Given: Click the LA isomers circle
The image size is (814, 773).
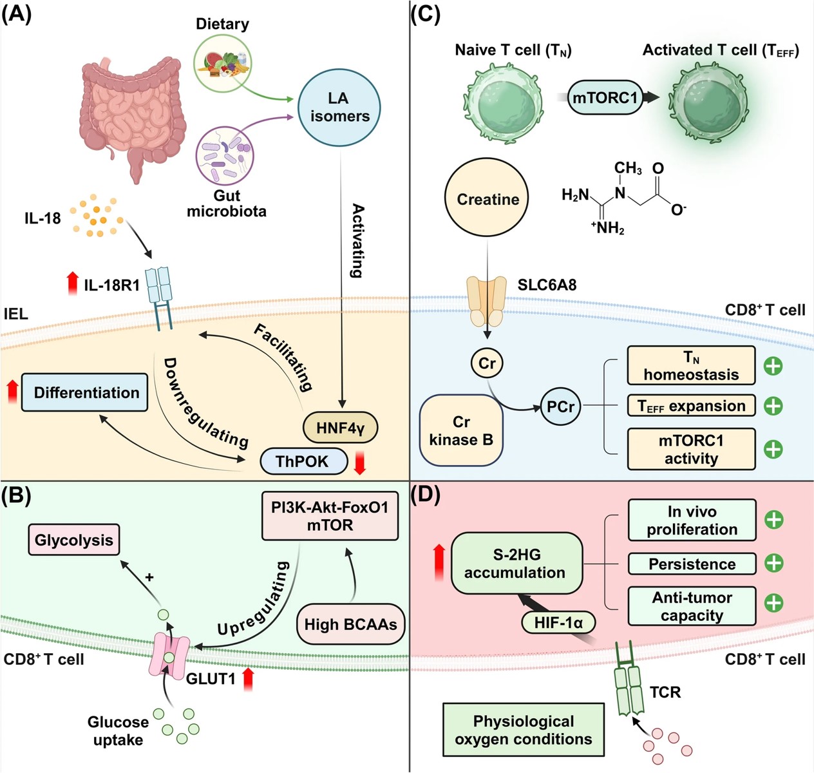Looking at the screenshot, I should click(x=339, y=107).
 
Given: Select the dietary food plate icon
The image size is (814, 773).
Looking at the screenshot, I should click(x=222, y=63).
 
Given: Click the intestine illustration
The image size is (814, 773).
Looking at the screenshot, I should click(x=132, y=116).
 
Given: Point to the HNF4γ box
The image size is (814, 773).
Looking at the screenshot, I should click(x=340, y=428).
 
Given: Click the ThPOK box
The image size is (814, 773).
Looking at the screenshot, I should click(x=303, y=461).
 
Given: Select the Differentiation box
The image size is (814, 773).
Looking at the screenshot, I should click(x=85, y=392).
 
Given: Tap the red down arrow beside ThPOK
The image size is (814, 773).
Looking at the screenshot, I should click(x=360, y=463).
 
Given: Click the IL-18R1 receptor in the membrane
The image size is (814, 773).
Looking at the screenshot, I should click(x=159, y=296).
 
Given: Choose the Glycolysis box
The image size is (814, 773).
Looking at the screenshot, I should click(x=73, y=540).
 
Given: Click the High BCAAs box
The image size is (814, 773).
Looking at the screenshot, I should click(x=350, y=624).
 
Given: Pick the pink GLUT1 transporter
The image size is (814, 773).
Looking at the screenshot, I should click(x=169, y=654).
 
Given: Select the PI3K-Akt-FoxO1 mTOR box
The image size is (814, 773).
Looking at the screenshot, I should click(x=330, y=516).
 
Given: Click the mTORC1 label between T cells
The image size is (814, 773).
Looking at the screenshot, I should click(x=605, y=98).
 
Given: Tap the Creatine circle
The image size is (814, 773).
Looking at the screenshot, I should click(x=487, y=199).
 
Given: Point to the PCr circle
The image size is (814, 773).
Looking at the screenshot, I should click(x=560, y=406).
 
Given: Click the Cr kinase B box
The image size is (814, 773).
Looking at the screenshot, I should click(x=461, y=430).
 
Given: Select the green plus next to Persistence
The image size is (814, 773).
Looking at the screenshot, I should click(x=773, y=563).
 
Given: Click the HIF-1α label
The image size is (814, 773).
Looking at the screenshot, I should click(x=558, y=622).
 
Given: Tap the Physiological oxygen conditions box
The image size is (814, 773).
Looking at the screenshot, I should click(x=523, y=730).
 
